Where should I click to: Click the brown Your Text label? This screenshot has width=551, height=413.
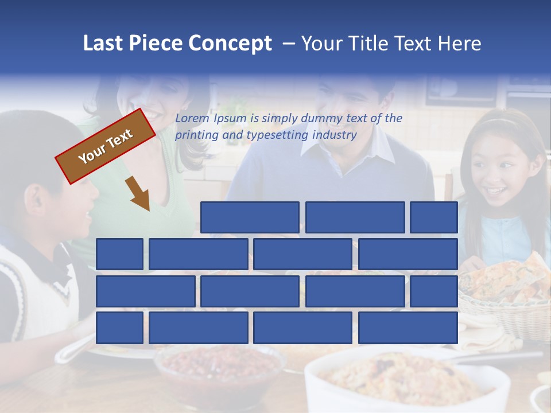click(x=106, y=146)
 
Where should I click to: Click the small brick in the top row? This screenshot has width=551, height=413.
click(x=434, y=217)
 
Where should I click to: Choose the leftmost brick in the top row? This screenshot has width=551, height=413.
click(x=250, y=217)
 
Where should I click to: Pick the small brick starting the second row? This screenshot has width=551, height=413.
click(x=119, y=254)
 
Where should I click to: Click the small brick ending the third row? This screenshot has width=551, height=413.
click(x=434, y=291)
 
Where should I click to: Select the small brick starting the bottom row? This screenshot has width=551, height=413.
click(x=119, y=328)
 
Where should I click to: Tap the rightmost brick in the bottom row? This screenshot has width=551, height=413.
click(x=408, y=328)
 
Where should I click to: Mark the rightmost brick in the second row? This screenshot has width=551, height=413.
click(x=408, y=254)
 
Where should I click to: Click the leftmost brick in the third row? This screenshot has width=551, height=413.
click(x=145, y=291)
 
